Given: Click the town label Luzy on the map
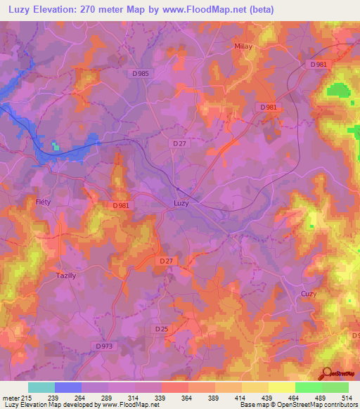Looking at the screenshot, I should pos(181,204).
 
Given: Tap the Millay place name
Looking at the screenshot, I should pos(243,46).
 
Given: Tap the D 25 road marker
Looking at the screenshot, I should pos(162,328).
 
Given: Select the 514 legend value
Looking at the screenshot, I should pos(348,398).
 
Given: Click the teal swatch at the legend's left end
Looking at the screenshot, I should pos(41,387).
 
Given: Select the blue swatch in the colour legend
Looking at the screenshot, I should pos(68,387).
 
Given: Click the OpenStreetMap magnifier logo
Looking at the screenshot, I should pos(326,373).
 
